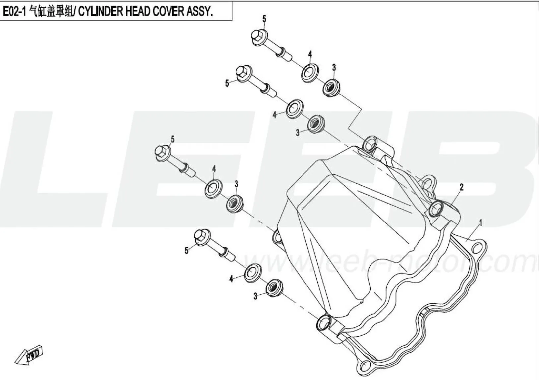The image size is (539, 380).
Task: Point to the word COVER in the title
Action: click(169, 12)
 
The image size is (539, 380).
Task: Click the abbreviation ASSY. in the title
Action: click(199, 12)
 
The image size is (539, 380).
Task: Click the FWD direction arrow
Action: click(29, 355)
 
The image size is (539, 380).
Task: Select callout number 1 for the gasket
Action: click(481, 223)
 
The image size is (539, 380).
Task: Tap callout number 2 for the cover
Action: click(461, 187)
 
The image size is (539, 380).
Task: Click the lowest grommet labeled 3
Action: click(274, 287)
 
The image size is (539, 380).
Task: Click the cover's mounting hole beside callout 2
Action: click(437, 209)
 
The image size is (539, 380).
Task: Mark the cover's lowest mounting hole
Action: click(325, 321)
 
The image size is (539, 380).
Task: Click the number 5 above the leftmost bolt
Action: click(172, 139)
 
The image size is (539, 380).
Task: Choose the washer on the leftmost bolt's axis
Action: click(213, 189)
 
